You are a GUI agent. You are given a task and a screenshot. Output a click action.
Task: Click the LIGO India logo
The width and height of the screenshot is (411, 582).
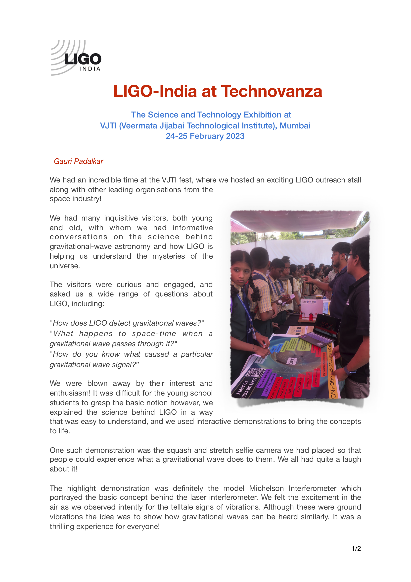pyautogui.click(x=76, y=58)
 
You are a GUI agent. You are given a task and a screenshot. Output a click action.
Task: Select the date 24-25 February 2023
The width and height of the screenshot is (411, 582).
pyautogui.click(x=205, y=136)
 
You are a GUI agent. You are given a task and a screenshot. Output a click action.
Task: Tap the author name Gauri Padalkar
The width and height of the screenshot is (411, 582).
pyautogui.click(x=79, y=161)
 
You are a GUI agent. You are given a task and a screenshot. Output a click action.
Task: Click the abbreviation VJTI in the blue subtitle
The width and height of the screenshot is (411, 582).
pyautogui.click(x=108, y=125)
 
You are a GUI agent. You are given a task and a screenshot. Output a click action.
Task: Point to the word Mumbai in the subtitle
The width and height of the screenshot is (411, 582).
pyautogui.click(x=295, y=125)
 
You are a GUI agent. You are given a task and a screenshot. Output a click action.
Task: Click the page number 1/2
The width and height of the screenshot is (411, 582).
pyautogui.click(x=356, y=549)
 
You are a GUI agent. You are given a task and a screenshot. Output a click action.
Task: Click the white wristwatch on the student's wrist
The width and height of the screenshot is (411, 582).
pyautogui.click(x=280, y=301)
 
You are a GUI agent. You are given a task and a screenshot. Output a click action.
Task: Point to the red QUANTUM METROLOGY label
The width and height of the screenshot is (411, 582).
pyautogui.click(x=317, y=378)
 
